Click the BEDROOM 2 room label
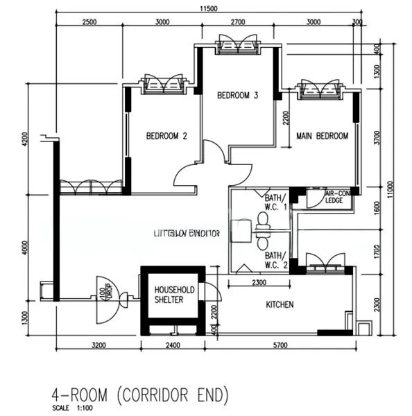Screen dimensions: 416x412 [166, 137]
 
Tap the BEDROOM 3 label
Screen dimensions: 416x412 [237, 95]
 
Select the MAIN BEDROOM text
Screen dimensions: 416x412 [322, 137]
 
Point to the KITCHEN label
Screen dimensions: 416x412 [280, 304]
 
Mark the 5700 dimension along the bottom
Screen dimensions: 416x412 [280, 344]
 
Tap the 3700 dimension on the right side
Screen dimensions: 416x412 [377, 138]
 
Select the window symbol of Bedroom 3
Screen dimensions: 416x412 [238, 46]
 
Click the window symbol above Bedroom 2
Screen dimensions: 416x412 [163, 85]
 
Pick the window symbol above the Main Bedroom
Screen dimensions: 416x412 [320, 89]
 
